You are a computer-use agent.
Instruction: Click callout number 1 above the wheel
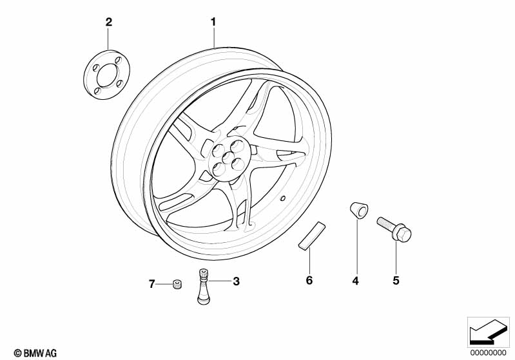click(213, 23)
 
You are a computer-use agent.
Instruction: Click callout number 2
click(109, 23)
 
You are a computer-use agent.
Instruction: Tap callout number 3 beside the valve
click(236, 281)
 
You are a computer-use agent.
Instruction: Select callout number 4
click(355, 281)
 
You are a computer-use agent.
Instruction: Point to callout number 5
click(396, 281)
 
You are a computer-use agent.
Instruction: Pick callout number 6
click(309, 281)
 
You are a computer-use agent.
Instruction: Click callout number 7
click(151, 284)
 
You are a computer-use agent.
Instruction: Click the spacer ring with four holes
click(106, 75)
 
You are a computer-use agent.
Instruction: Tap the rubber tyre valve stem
click(203, 287)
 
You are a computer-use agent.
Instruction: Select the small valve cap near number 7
click(177, 285)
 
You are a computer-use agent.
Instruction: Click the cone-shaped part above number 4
click(358, 210)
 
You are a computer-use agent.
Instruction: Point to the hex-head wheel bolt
click(394, 229)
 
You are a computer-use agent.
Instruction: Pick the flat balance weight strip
click(312, 236)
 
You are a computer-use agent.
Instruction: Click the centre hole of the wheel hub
click(228, 158)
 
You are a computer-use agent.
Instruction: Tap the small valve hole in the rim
click(282, 198)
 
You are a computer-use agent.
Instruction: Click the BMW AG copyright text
click(35, 354)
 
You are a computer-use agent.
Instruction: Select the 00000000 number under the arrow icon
click(489, 353)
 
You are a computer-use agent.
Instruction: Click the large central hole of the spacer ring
click(107, 75)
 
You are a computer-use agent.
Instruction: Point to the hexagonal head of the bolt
click(402, 233)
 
